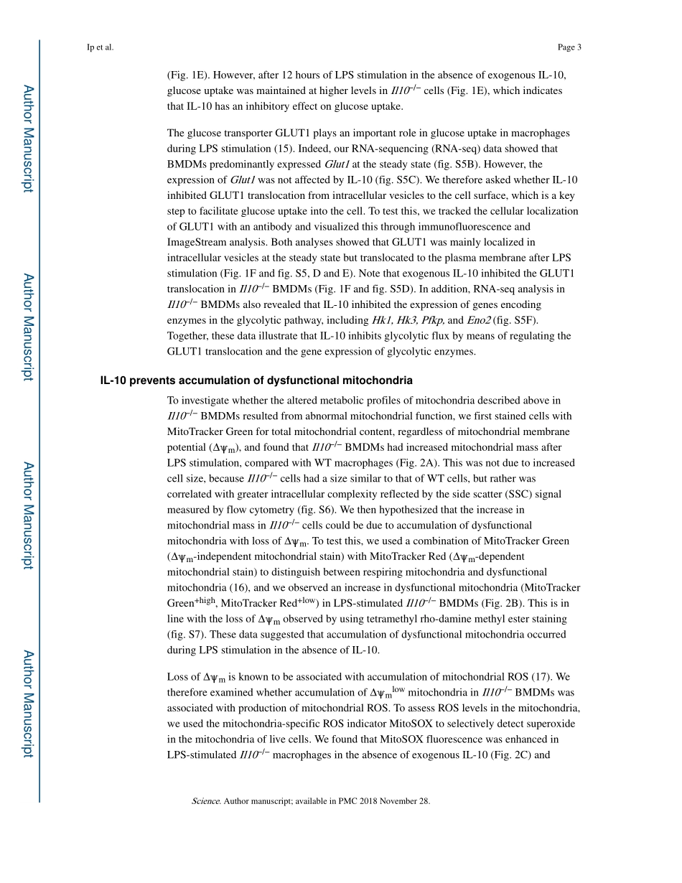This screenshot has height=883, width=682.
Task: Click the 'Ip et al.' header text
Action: pyautogui.click(x=100, y=48)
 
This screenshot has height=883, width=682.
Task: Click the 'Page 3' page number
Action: pyautogui.click(x=569, y=48)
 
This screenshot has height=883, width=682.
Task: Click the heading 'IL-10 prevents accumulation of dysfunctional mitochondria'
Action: pyautogui.click(x=256, y=380)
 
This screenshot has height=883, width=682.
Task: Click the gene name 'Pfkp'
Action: pyautogui.click(x=431, y=320)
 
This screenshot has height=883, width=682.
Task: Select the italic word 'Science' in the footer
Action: pyautogui.click(x=206, y=801)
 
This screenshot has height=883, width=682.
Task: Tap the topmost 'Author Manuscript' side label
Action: pyautogui.click(x=27, y=139)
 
